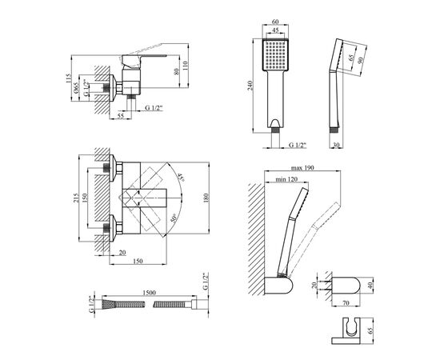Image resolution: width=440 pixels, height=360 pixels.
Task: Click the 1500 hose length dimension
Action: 149,293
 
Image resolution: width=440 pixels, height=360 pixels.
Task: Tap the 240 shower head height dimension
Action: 250,86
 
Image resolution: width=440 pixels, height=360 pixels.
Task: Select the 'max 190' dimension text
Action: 302,168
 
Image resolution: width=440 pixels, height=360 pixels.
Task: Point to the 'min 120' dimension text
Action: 286,179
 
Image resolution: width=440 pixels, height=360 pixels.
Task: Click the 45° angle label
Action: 181,178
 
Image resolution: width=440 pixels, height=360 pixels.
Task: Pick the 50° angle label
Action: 174,218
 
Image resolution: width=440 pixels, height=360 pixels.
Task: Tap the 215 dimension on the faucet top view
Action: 76,198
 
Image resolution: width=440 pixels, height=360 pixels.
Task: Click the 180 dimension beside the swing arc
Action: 206,198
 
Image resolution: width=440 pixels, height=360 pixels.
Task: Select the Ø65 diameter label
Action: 76,89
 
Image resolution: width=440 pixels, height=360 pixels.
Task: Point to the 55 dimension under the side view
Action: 121,116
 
